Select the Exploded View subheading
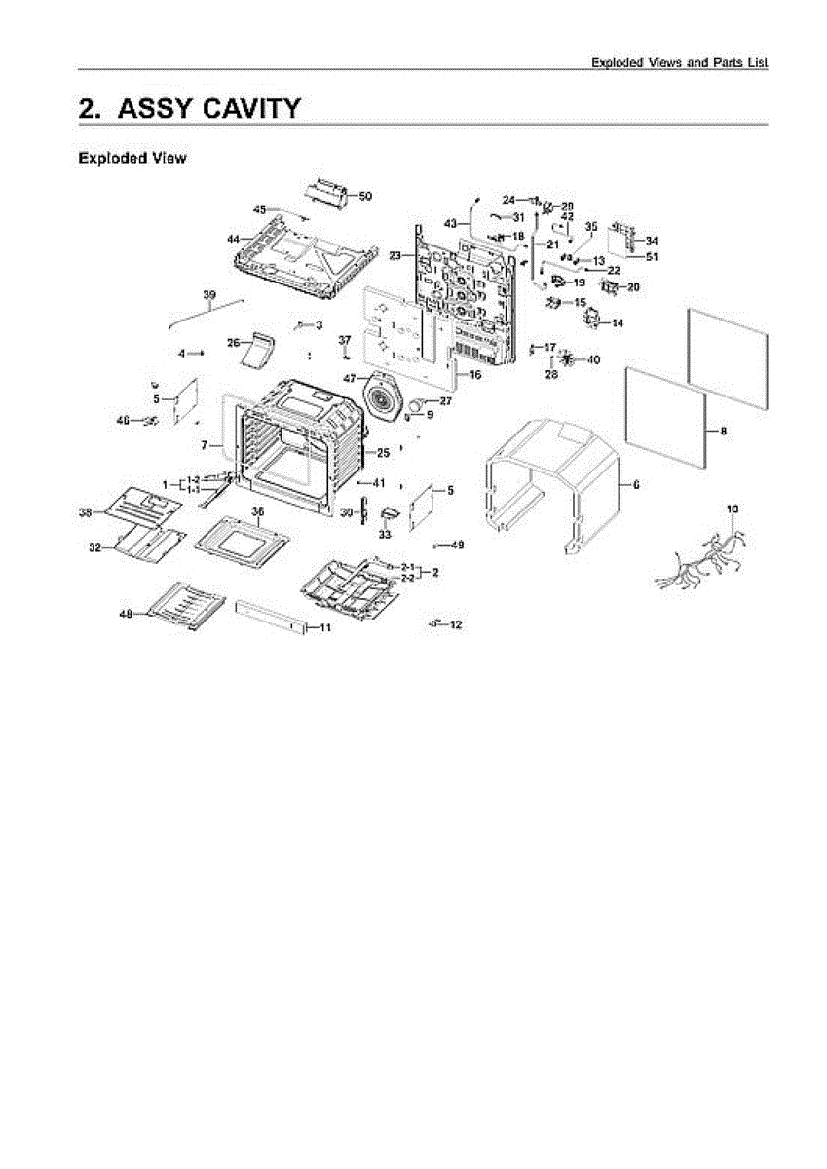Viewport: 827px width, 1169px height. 132,158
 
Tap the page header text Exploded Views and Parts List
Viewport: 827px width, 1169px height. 680,62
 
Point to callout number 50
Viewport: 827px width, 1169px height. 365,196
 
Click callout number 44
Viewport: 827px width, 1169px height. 233,239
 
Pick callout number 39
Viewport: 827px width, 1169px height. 208,294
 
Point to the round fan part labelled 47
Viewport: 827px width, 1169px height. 385,399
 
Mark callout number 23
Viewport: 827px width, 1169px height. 395,255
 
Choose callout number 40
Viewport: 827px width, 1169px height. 593,359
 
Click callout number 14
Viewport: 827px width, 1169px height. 618,322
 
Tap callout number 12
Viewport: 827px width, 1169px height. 456,623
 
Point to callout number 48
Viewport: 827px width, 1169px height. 126,614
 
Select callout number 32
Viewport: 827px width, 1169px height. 94,548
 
